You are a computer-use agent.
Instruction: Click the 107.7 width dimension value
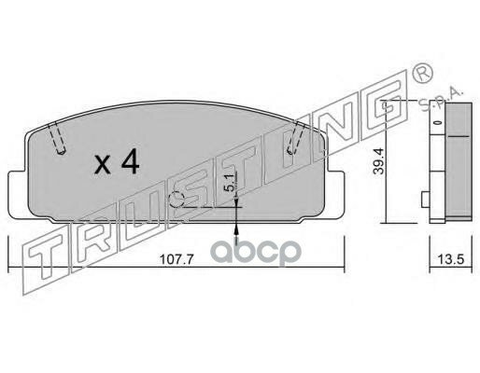click(x=176, y=259)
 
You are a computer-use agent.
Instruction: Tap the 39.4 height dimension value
click(x=379, y=160)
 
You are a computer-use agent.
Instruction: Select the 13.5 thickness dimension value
click(x=451, y=259)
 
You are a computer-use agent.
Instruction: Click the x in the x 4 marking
click(x=103, y=166)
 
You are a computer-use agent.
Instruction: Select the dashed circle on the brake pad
click(x=176, y=200)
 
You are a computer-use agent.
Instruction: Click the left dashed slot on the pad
click(x=56, y=138)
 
